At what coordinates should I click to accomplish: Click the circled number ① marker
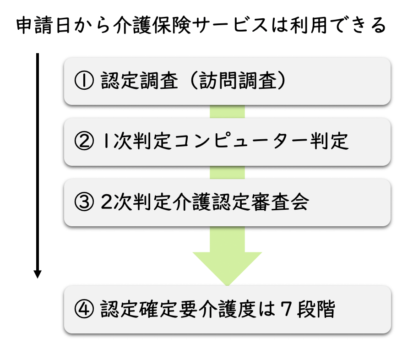pos(83,82)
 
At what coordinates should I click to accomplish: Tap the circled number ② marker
pos(83,142)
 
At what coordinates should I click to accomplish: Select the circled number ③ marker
pos(83,202)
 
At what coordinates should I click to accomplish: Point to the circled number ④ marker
pos(83,310)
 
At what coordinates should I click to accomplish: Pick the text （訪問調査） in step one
pos(240,82)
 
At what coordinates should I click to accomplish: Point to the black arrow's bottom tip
pos(38,276)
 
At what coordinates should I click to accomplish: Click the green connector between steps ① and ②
pos(227,112)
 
